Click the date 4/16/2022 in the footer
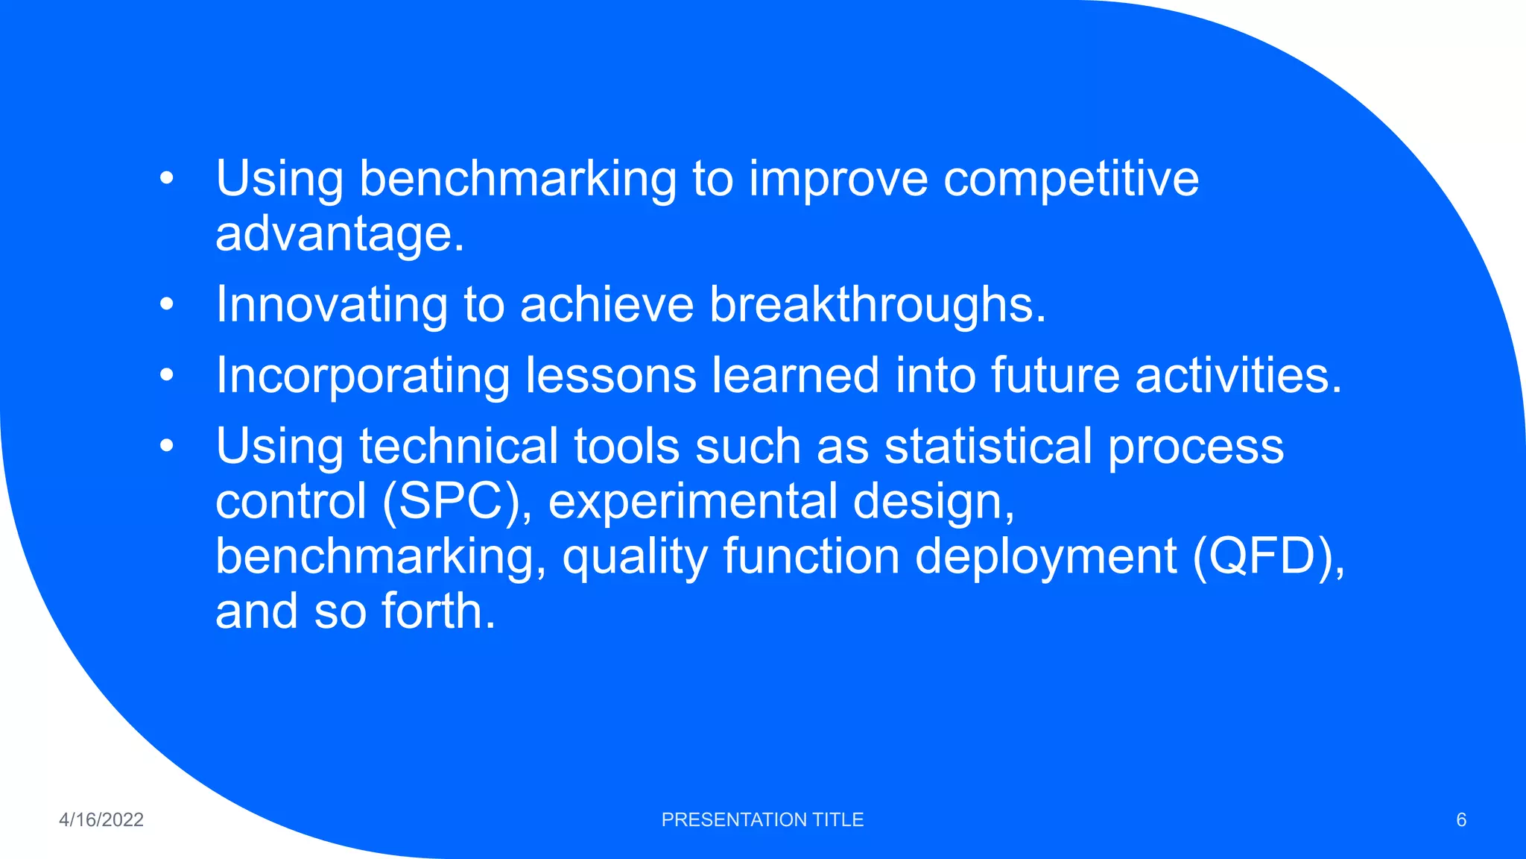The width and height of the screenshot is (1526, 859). pos(101,819)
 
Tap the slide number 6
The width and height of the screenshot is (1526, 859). pos(1461,819)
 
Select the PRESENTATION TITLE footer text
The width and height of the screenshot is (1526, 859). pos(762,819)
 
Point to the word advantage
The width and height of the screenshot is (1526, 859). pos(339,234)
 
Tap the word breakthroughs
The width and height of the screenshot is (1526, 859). pos(877,305)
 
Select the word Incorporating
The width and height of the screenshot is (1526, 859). pos(362,375)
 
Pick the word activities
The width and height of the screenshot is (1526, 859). pos(1238,375)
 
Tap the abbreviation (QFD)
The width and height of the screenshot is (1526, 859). pos(1268,556)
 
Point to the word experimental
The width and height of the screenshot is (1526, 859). pos(693,501)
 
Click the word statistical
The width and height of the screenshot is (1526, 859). pos(988,446)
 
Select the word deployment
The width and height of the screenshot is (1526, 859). pos(1045,556)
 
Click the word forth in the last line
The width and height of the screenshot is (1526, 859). pos(438,611)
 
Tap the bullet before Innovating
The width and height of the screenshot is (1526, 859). pos(166,305)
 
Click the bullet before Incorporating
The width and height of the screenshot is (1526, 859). pos(166,375)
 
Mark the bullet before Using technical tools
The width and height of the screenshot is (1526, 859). pos(166,446)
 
